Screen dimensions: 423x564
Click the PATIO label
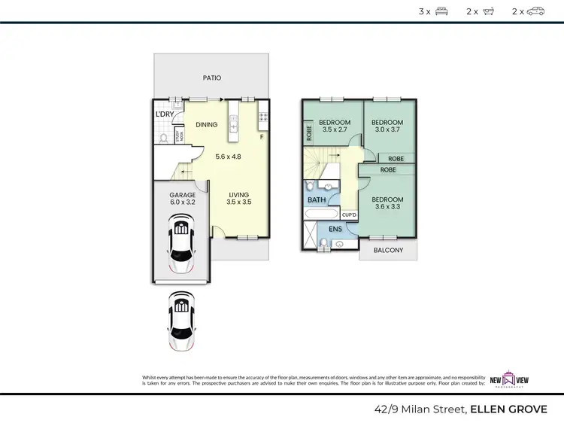point(211,78)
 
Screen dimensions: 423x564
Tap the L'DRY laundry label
point(165,114)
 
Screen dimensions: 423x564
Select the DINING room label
point(206,125)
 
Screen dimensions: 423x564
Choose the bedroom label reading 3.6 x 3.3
point(387,203)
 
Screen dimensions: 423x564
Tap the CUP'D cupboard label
point(349,215)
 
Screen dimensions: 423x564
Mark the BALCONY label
point(388,251)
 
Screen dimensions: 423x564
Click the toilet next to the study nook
point(162,137)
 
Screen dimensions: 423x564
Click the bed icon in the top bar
point(441,11)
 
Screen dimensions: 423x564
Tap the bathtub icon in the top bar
point(489,11)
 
